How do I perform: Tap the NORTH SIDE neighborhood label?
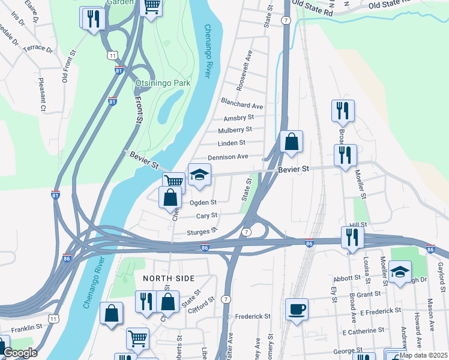pyautogui.click(x=169, y=278)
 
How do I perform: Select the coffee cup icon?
pyautogui.click(x=297, y=310)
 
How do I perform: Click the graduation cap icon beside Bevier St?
pyautogui.click(x=200, y=175)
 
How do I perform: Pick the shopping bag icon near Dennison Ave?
pyautogui.click(x=291, y=142)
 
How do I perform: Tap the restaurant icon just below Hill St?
pyautogui.click(x=352, y=238)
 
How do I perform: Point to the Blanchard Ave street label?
pyautogui.click(x=243, y=106)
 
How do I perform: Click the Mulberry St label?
pyautogui.click(x=235, y=130)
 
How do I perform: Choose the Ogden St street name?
pyautogui.click(x=203, y=203)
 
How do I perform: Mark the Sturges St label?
pyautogui.click(x=201, y=232)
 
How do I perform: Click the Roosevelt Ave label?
pyautogui.click(x=246, y=70)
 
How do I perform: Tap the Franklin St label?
pyautogui.click(x=26, y=328)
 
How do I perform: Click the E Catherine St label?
pyautogui.click(x=363, y=331)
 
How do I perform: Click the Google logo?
pyautogui.click(x=20, y=353)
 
